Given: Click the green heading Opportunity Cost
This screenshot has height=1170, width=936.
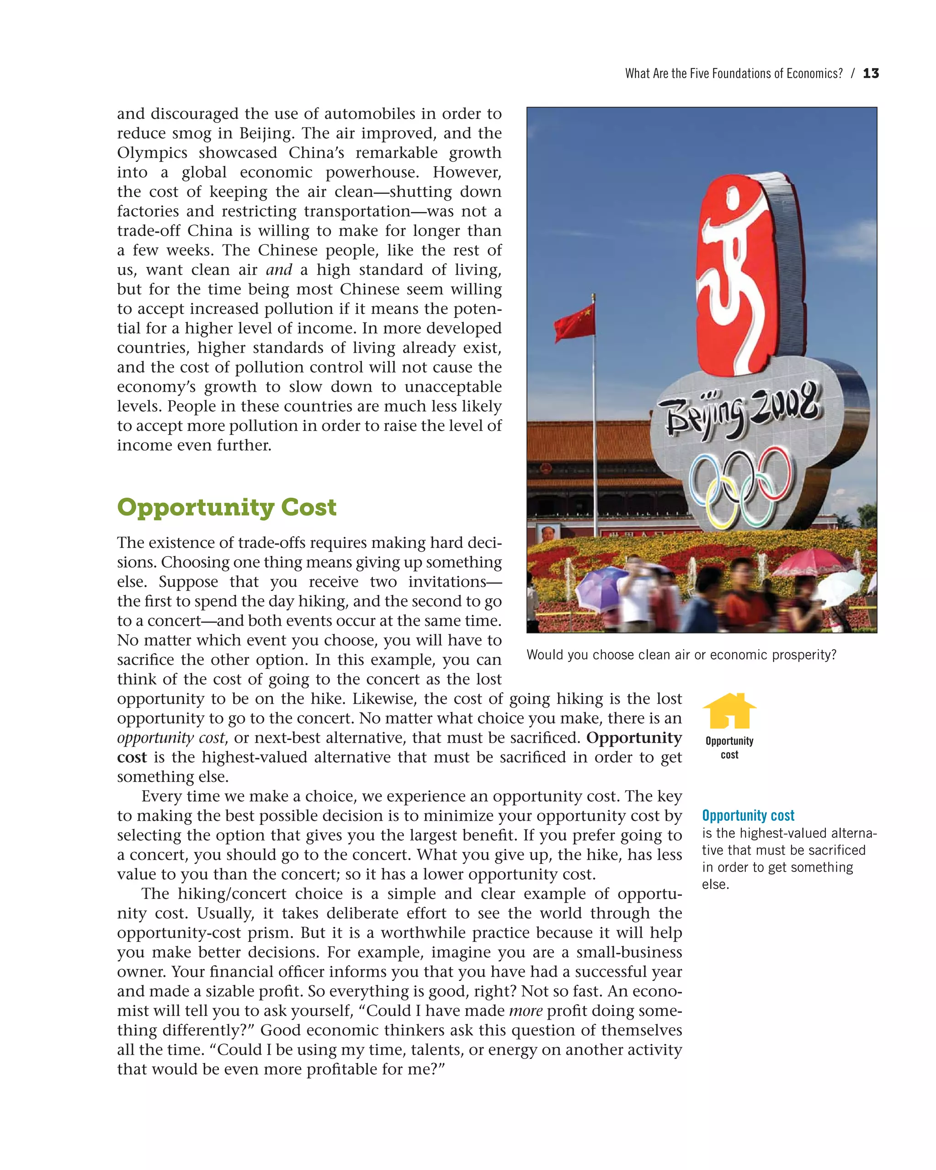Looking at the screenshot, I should pos(227,507).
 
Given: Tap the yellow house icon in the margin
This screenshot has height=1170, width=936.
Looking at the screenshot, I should pos(729,711).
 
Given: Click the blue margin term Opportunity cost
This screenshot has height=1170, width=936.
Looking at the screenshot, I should pos(748,816).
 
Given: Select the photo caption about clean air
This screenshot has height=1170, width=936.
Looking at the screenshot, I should pos(681,655).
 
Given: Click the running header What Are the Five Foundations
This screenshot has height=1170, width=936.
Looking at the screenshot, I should pos(734,74).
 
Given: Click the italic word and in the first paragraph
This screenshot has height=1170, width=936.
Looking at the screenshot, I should pos(279,270).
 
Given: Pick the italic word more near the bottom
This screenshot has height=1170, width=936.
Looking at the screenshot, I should pos(525,1010).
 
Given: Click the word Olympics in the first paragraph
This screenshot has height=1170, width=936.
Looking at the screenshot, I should pos(152,153).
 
